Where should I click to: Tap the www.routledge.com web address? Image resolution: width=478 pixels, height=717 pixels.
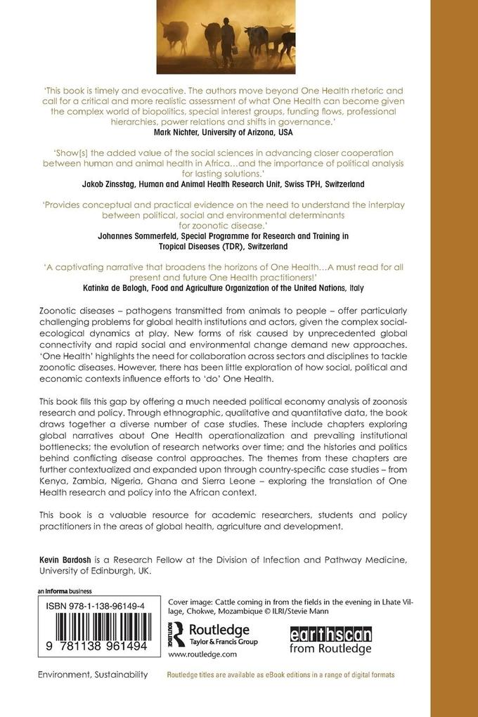[x=202, y=654]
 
